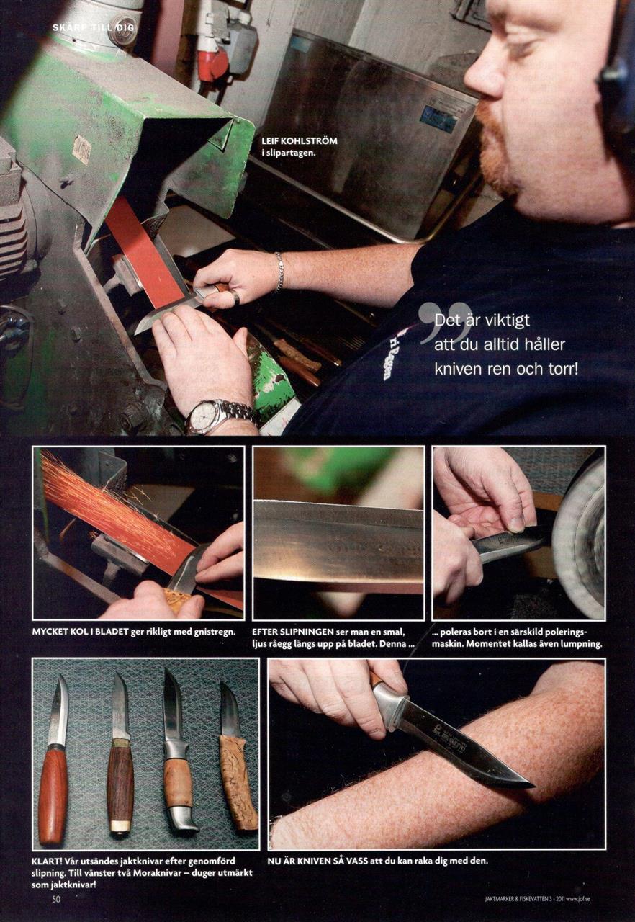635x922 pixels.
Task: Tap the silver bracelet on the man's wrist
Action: point(279,272)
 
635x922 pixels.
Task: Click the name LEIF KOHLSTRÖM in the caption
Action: point(300,141)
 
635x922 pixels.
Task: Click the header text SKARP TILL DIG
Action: point(94,27)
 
